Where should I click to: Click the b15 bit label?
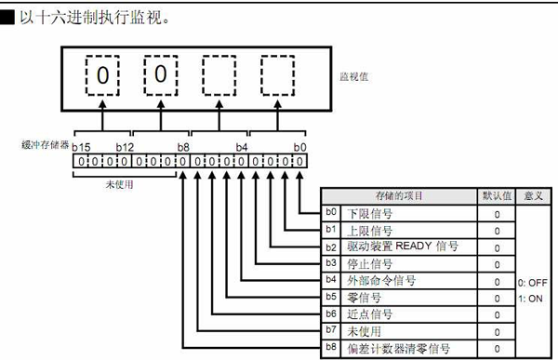(81, 146)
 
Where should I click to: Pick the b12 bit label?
(126, 146)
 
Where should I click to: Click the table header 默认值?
(496, 196)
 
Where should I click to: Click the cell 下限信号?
(371, 213)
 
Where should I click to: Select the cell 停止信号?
(371, 263)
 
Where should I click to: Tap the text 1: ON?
(533, 298)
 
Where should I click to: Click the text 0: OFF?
(533, 281)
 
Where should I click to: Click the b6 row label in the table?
(331, 314)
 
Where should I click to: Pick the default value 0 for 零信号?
(497, 298)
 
